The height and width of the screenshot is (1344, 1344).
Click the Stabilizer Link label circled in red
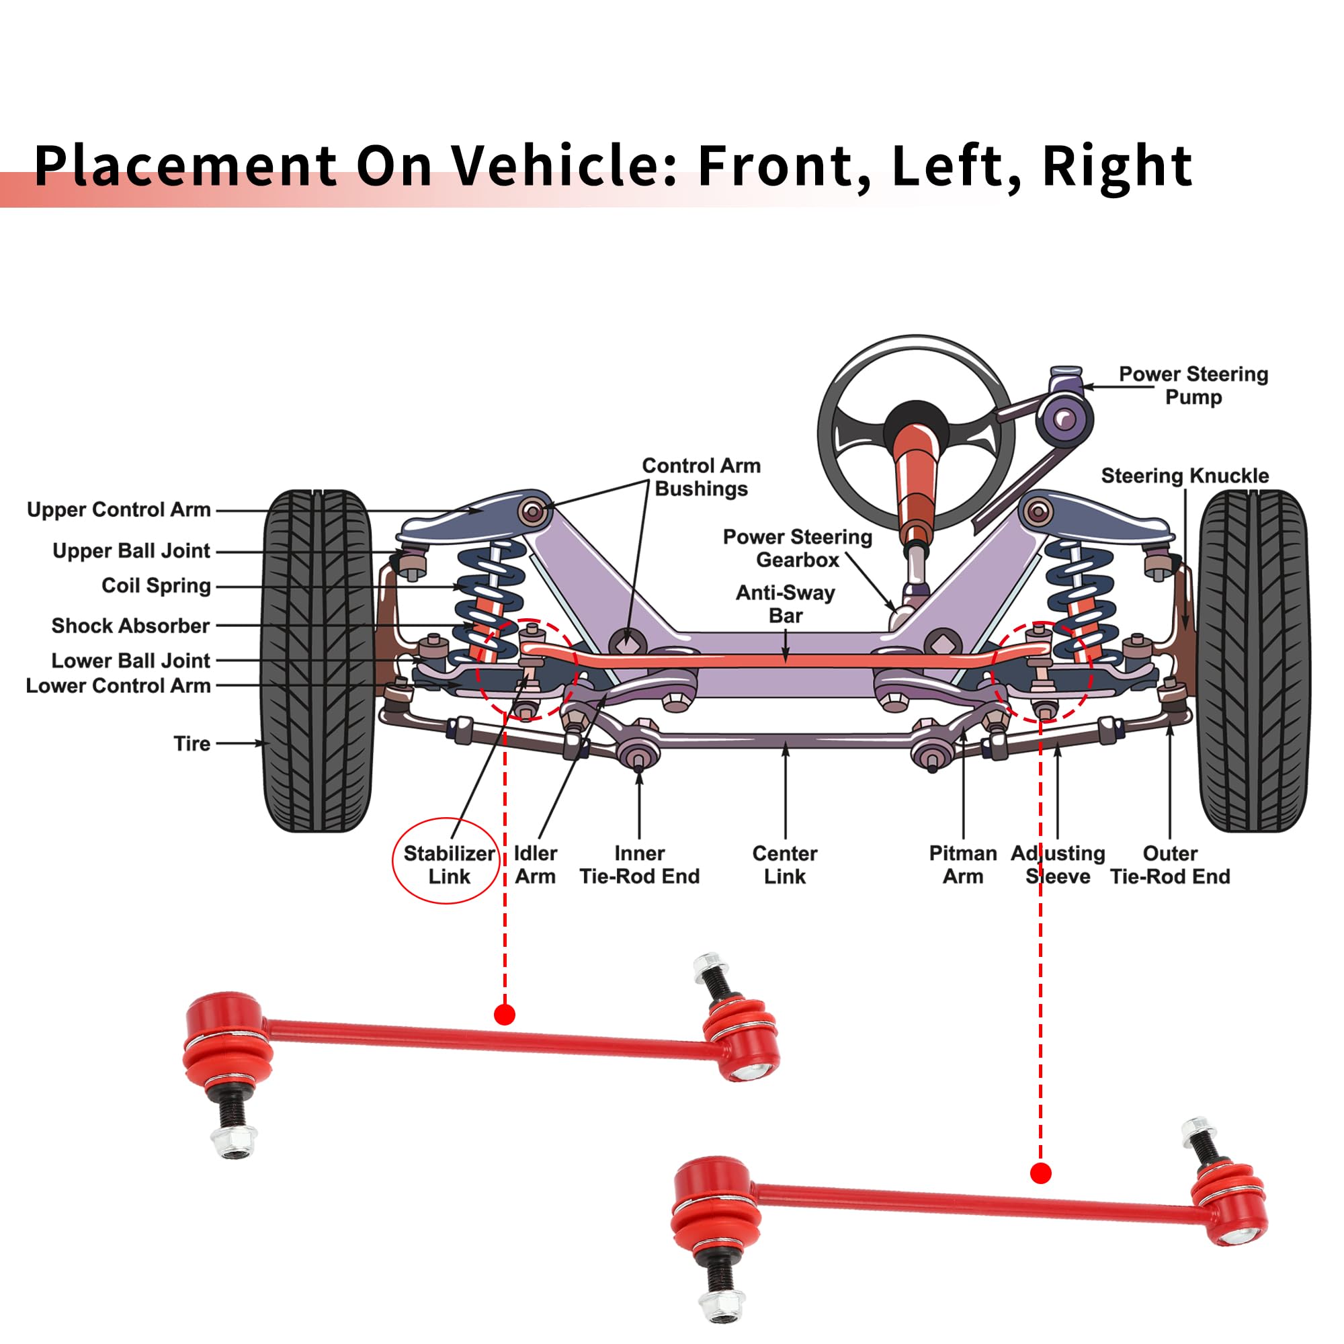tap(449, 865)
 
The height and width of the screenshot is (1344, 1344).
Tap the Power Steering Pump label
tap(1193, 385)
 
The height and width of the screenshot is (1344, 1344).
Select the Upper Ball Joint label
tap(131, 551)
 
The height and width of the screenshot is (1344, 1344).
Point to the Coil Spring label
tap(156, 586)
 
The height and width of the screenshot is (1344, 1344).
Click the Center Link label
tap(785, 865)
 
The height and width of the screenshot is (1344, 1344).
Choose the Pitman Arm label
tap(963, 865)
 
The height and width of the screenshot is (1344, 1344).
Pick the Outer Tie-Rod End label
tap(1170, 865)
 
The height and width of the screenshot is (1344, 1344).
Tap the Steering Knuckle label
tap(1185, 476)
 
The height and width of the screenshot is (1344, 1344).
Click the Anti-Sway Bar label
tap(786, 604)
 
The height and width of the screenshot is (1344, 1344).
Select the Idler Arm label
tap(535, 865)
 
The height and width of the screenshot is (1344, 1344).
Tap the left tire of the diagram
tap(317, 661)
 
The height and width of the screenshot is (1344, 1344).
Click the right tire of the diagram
tap(1253, 661)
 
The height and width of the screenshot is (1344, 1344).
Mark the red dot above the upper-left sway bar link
tap(505, 1014)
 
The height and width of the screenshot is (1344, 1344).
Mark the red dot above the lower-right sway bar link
tap(1040, 1173)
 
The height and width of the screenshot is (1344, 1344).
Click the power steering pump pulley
tap(1064, 419)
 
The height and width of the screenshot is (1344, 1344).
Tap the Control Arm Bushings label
tap(701, 477)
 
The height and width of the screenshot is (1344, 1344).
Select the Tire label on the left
tap(192, 744)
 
